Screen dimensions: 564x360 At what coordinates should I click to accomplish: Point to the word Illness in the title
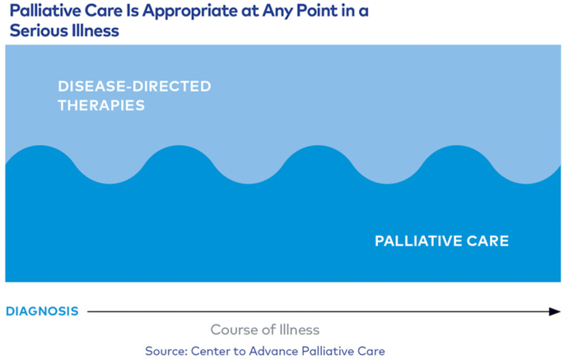(95, 30)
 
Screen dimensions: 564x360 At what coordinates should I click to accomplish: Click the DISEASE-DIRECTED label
(134, 86)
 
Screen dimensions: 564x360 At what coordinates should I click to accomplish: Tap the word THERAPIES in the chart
(101, 105)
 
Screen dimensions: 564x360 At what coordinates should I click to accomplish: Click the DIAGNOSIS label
(43, 311)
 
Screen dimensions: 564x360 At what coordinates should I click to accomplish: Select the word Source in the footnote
(166, 351)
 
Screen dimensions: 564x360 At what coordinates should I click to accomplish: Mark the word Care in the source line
(371, 351)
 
